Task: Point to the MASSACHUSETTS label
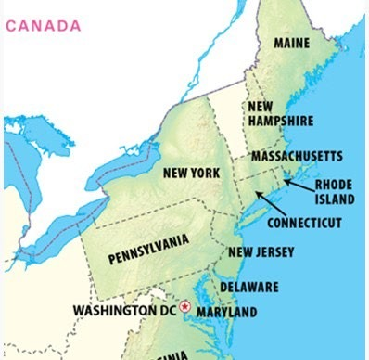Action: [298, 156]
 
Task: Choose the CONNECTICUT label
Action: [304, 223]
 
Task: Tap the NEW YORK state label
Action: [191, 173]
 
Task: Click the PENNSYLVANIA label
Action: [148, 248]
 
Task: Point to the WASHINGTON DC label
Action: [125, 308]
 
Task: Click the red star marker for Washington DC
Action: [185, 306]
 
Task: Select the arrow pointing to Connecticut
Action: [272, 203]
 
